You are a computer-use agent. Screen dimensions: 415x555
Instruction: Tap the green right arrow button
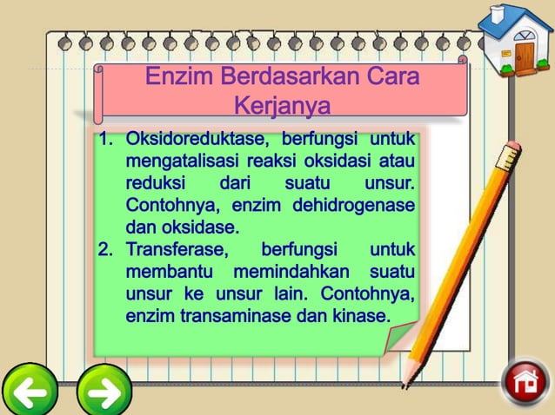(104, 392)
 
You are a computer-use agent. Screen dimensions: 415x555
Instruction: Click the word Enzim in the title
(179, 76)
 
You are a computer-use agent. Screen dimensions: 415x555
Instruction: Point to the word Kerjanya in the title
(283, 106)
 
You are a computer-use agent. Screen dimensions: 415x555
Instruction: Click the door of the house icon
(525, 56)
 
